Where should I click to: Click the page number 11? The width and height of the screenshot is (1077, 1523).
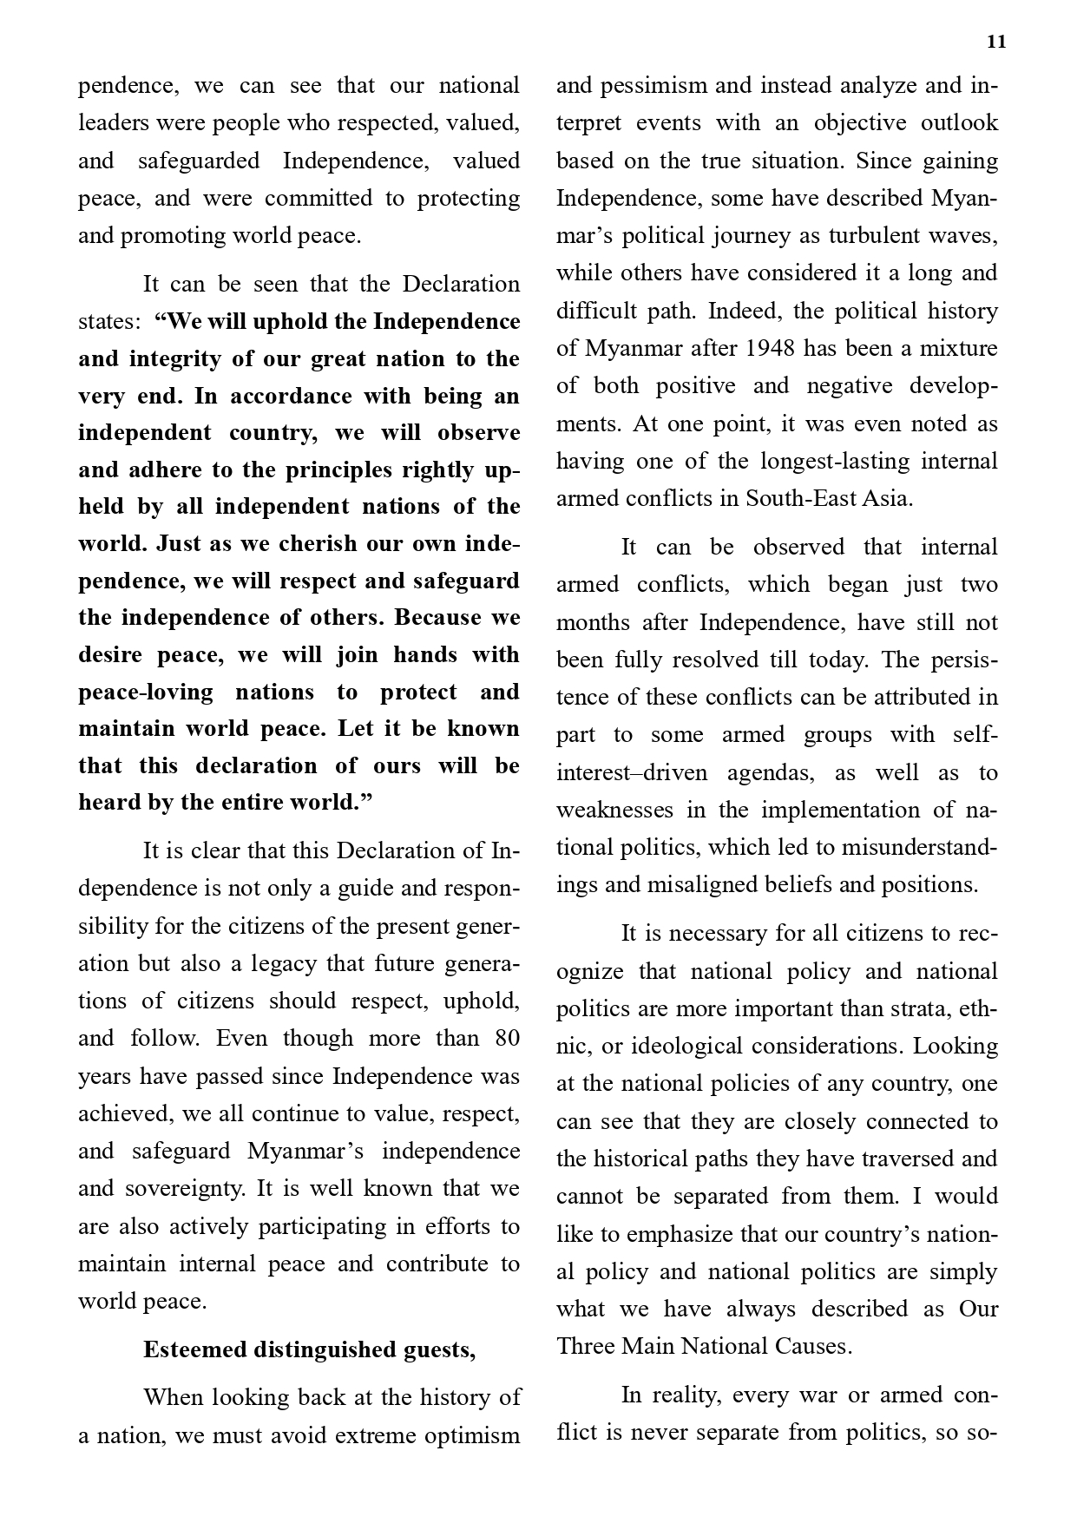coord(996,43)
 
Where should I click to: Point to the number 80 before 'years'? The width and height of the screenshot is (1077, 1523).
coord(507,1039)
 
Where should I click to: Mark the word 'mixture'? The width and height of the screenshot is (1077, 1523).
coord(958,349)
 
